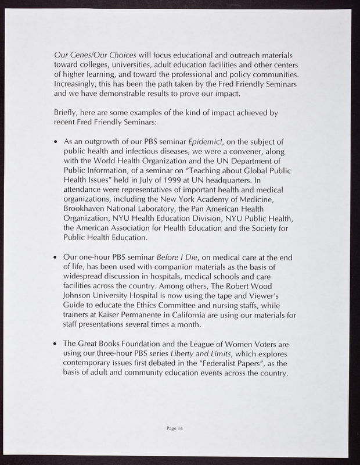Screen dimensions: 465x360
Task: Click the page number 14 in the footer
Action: pos(181,428)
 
